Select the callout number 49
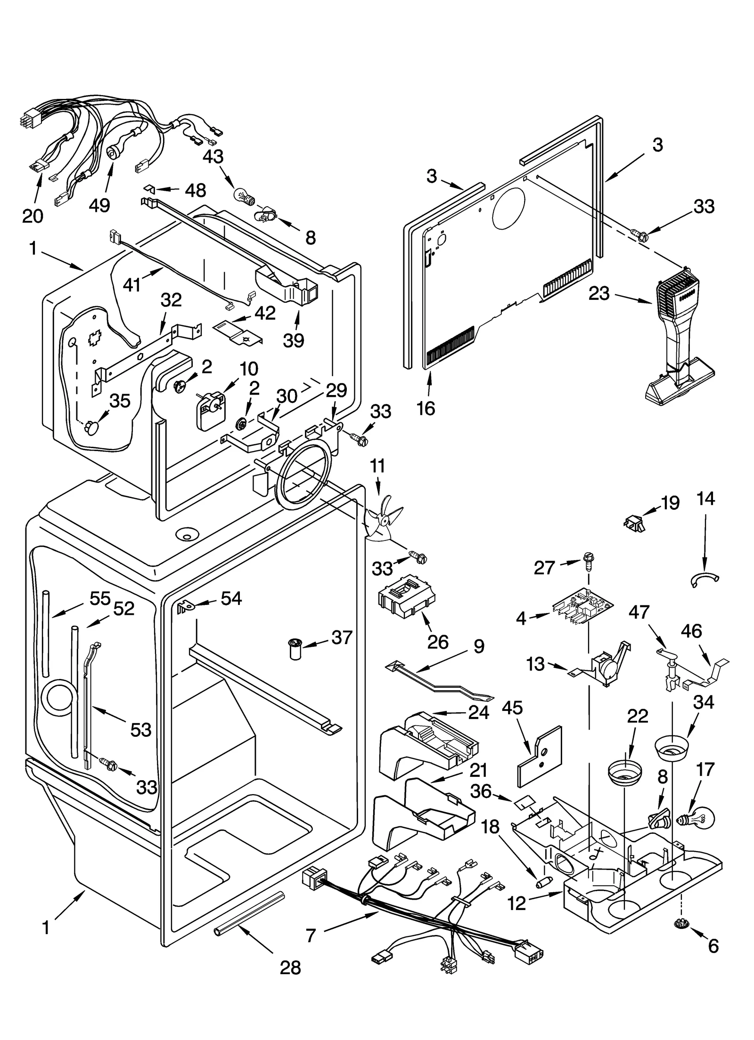pos(99,205)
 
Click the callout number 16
pos(426,408)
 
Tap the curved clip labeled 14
pos(705,580)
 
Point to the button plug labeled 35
pos(92,428)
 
